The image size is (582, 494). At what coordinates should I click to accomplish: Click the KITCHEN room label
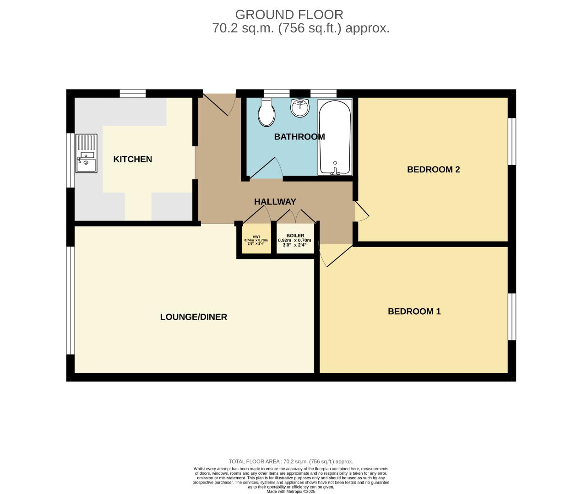[132, 159]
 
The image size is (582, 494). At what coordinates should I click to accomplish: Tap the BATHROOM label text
[299, 136]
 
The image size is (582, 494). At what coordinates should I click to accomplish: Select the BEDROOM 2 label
[433, 169]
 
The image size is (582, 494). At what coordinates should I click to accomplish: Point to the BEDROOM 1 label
[414, 311]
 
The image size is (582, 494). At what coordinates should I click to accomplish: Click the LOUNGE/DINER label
[193, 317]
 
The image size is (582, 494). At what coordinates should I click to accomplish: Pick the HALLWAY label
[275, 202]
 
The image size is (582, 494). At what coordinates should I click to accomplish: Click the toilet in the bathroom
[266, 113]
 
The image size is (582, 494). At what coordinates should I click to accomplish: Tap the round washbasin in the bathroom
[299, 108]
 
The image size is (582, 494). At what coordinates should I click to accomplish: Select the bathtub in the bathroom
[335, 137]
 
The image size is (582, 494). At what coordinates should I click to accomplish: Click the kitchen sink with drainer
[86, 153]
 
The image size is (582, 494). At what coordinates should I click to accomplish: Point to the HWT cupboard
[256, 240]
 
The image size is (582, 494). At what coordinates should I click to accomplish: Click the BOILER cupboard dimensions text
[295, 242]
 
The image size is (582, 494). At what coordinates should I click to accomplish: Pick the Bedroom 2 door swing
[362, 212]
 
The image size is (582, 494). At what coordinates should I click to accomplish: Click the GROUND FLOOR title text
[289, 15]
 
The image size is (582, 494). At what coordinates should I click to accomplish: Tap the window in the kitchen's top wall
[133, 93]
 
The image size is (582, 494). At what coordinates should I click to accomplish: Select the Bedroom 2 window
[512, 141]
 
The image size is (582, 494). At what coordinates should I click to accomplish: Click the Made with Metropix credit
[291, 491]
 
